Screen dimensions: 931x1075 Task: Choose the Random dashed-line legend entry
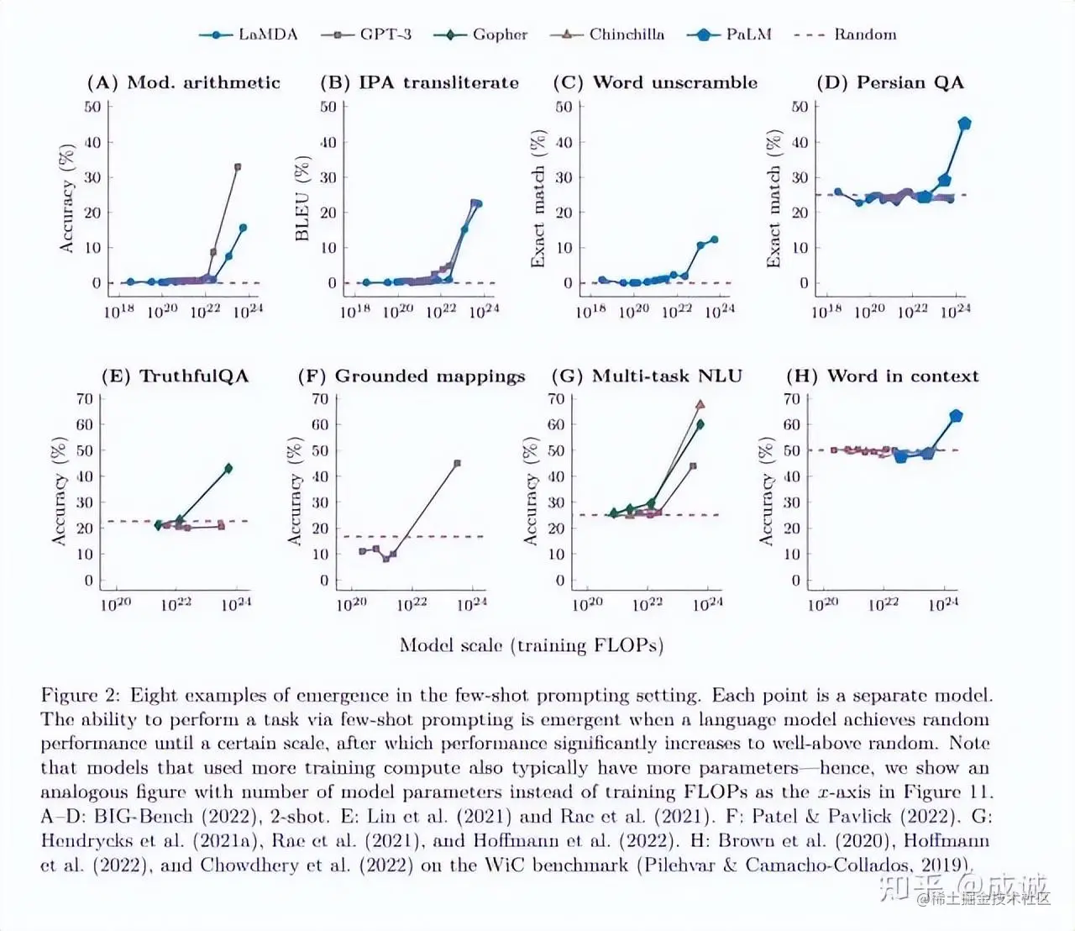point(845,34)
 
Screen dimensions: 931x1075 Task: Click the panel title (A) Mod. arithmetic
point(183,82)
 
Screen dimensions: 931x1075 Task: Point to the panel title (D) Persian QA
point(890,82)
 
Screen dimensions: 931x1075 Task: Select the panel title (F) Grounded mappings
point(412,376)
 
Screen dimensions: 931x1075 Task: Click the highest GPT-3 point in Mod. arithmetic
point(238,167)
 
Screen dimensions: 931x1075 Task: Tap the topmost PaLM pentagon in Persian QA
point(964,124)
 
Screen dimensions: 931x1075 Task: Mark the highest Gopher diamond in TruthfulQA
point(228,468)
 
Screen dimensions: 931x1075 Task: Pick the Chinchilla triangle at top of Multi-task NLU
point(700,404)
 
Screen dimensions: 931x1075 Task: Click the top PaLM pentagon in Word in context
point(956,416)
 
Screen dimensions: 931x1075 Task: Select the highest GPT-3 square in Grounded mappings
point(457,463)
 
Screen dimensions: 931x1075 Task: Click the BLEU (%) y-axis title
point(302,200)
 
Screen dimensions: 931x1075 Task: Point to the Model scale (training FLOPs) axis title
point(531,645)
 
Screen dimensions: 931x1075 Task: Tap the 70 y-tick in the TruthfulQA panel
point(85,399)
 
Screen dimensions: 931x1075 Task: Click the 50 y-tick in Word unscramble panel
point(564,107)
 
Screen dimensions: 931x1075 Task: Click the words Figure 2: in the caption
point(81,696)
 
